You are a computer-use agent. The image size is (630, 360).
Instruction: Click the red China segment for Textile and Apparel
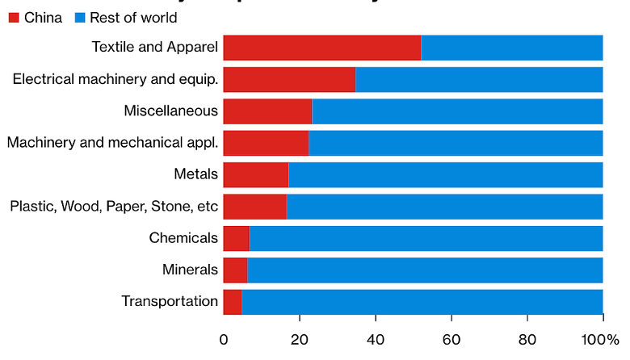click(321, 48)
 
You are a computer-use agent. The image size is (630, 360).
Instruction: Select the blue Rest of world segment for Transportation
click(422, 301)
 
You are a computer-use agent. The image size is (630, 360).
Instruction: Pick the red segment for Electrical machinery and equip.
click(289, 79)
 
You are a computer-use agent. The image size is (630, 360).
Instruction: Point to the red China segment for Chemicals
click(236, 238)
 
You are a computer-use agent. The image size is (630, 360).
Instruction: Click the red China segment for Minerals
click(235, 270)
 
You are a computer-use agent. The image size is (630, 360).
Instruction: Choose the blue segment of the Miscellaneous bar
click(457, 111)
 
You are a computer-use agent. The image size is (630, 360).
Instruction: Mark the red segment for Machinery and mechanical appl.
click(266, 143)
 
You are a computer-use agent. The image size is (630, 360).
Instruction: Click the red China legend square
click(14, 17)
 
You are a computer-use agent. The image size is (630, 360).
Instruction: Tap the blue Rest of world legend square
click(79, 17)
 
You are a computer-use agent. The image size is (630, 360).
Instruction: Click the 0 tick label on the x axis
click(224, 339)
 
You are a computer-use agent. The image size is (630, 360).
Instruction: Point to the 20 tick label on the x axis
click(300, 339)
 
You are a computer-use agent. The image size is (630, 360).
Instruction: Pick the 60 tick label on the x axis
click(451, 339)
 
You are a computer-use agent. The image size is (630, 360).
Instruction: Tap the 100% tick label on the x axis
click(602, 339)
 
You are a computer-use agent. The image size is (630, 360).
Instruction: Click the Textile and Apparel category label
click(155, 48)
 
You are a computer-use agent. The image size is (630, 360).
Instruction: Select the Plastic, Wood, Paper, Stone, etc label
click(114, 207)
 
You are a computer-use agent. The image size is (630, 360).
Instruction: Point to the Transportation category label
click(170, 301)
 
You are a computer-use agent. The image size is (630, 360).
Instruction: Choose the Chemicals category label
click(183, 238)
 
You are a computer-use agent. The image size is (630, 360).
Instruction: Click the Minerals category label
click(190, 270)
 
